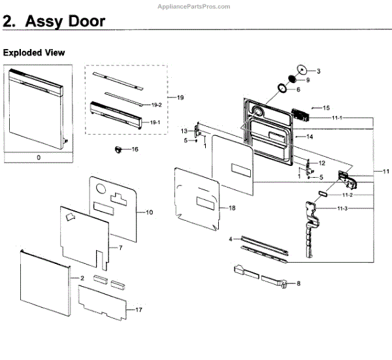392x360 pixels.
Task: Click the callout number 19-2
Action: click(156, 105)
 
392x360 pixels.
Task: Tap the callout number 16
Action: click(135, 150)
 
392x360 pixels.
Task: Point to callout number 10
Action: click(149, 212)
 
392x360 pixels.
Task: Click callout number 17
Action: click(138, 309)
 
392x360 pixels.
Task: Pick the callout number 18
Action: click(231, 208)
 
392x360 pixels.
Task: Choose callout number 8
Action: click(298, 283)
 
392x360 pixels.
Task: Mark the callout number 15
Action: click(326, 107)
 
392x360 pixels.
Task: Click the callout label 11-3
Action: click(342, 208)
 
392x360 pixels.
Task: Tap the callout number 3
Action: click(319, 71)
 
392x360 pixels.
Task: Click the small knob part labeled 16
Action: click(119, 150)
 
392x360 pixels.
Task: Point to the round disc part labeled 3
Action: click(302, 69)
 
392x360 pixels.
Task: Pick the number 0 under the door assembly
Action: click(39, 157)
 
